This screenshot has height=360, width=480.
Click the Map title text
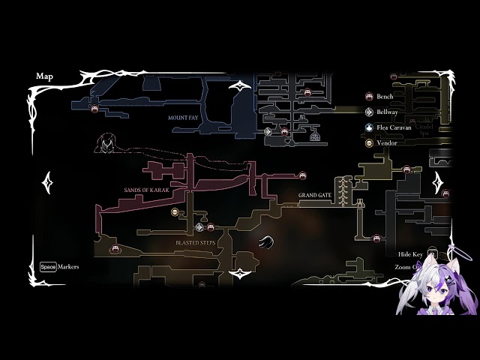pos(43,76)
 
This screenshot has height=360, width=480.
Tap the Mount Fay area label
pos(184,118)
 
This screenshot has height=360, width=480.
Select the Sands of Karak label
pos(147,190)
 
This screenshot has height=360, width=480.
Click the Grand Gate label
pos(314,196)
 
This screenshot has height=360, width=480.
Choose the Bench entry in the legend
pos(385,97)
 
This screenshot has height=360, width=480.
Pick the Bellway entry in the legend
pos(388,112)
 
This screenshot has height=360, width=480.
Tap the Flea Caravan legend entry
pos(394,127)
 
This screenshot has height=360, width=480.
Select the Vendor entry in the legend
pos(387,142)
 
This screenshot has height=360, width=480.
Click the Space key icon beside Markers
pos(48,266)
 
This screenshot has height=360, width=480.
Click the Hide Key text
pos(410,255)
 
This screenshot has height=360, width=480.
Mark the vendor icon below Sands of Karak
pos(175,212)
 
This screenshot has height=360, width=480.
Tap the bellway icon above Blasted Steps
pos(199,226)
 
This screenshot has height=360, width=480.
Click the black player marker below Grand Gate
pos(266,241)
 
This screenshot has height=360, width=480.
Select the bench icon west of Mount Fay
pos(94,109)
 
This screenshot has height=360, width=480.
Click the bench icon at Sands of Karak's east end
pos(303,175)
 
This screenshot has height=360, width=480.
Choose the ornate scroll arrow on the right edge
pos(438,181)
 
